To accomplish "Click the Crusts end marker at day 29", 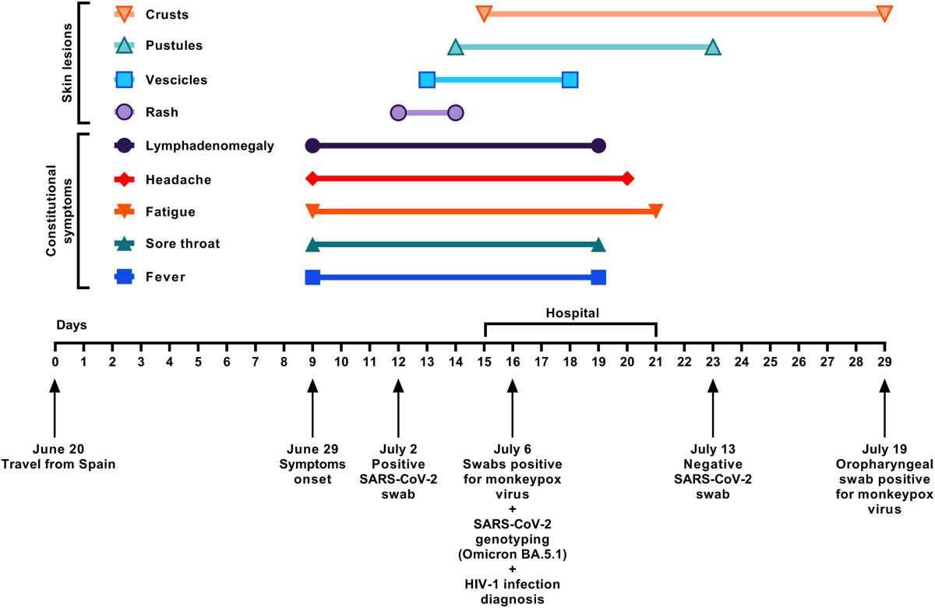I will [x=884, y=13].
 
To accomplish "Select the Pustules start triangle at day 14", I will [x=456, y=48].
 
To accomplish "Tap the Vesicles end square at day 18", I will [x=570, y=80].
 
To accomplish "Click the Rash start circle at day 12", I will [x=398, y=113].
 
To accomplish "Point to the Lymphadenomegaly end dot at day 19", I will [x=598, y=146].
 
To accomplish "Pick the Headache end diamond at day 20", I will [x=627, y=179].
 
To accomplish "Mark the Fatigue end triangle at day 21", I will [x=655, y=211].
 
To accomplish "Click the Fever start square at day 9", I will [x=312, y=277].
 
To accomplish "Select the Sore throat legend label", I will [x=182, y=244].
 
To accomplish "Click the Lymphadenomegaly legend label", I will [x=209, y=146].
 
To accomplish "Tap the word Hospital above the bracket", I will [x=572, y=313].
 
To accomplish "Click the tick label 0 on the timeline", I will [x=55, y=362].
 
